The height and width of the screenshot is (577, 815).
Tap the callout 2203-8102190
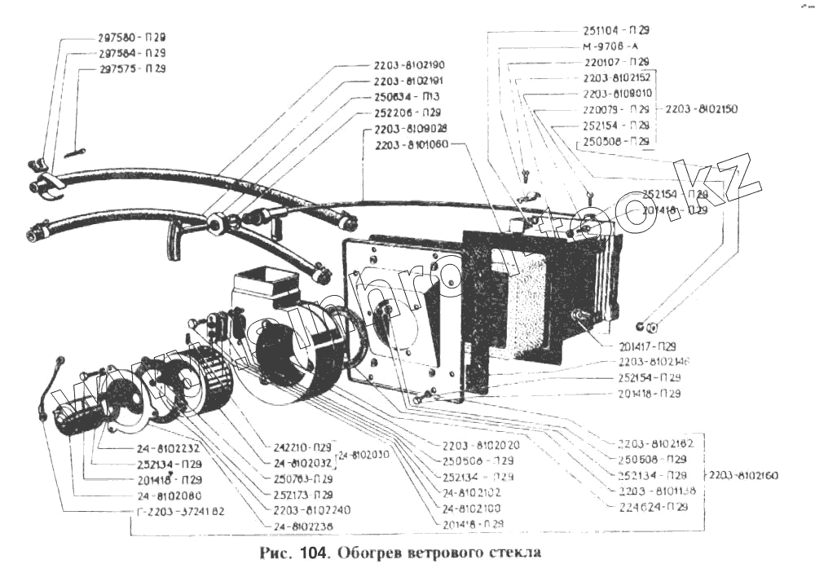tap(409, 64)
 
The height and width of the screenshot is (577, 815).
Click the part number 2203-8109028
tap(410, 130)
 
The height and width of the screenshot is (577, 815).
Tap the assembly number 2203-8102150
tap(702, 108)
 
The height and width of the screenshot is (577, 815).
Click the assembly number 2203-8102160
tap(745, 475)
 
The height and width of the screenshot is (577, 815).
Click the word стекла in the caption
tap(513, 553)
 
